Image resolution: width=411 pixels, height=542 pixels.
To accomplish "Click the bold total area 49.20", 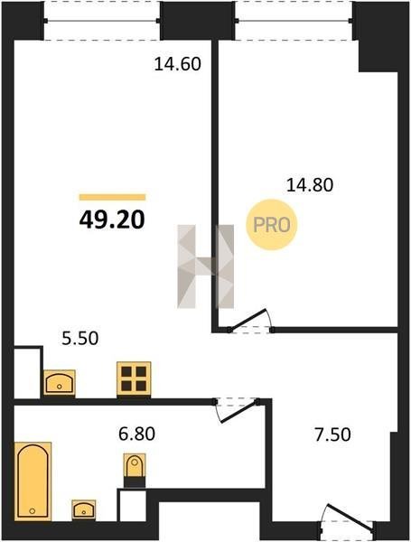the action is (112, 220).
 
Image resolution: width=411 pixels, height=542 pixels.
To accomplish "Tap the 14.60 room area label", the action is (177, 64).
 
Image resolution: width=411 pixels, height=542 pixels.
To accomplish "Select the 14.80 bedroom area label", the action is (310, 185).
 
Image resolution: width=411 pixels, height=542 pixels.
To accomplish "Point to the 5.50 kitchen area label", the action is (80, 338).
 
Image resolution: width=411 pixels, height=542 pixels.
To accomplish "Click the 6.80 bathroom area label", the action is (137, 434).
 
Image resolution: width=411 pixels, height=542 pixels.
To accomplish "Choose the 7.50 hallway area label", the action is (332, 435).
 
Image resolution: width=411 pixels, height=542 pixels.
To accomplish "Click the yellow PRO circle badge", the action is (272, 225).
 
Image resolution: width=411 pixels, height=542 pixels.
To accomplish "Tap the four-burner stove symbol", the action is (134, 378).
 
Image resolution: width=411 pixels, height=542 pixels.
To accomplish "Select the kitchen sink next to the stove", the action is (60, 383).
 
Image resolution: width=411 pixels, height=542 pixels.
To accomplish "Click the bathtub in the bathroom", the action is (33, 481).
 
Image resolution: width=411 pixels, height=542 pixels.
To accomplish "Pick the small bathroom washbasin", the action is (84, 509).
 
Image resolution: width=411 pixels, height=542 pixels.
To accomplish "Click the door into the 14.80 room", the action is (250, 321).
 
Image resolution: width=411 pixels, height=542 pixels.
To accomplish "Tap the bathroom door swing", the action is (238, 410).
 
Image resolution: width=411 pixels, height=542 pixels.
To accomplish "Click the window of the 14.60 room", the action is (102, 21).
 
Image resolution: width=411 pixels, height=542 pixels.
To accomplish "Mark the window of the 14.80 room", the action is (294, 21).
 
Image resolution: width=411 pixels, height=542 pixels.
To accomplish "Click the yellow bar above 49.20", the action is (112, 197).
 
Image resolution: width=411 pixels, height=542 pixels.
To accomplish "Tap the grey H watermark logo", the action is (206, 266).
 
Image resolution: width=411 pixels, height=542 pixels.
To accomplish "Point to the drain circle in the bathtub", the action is (33, 510).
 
